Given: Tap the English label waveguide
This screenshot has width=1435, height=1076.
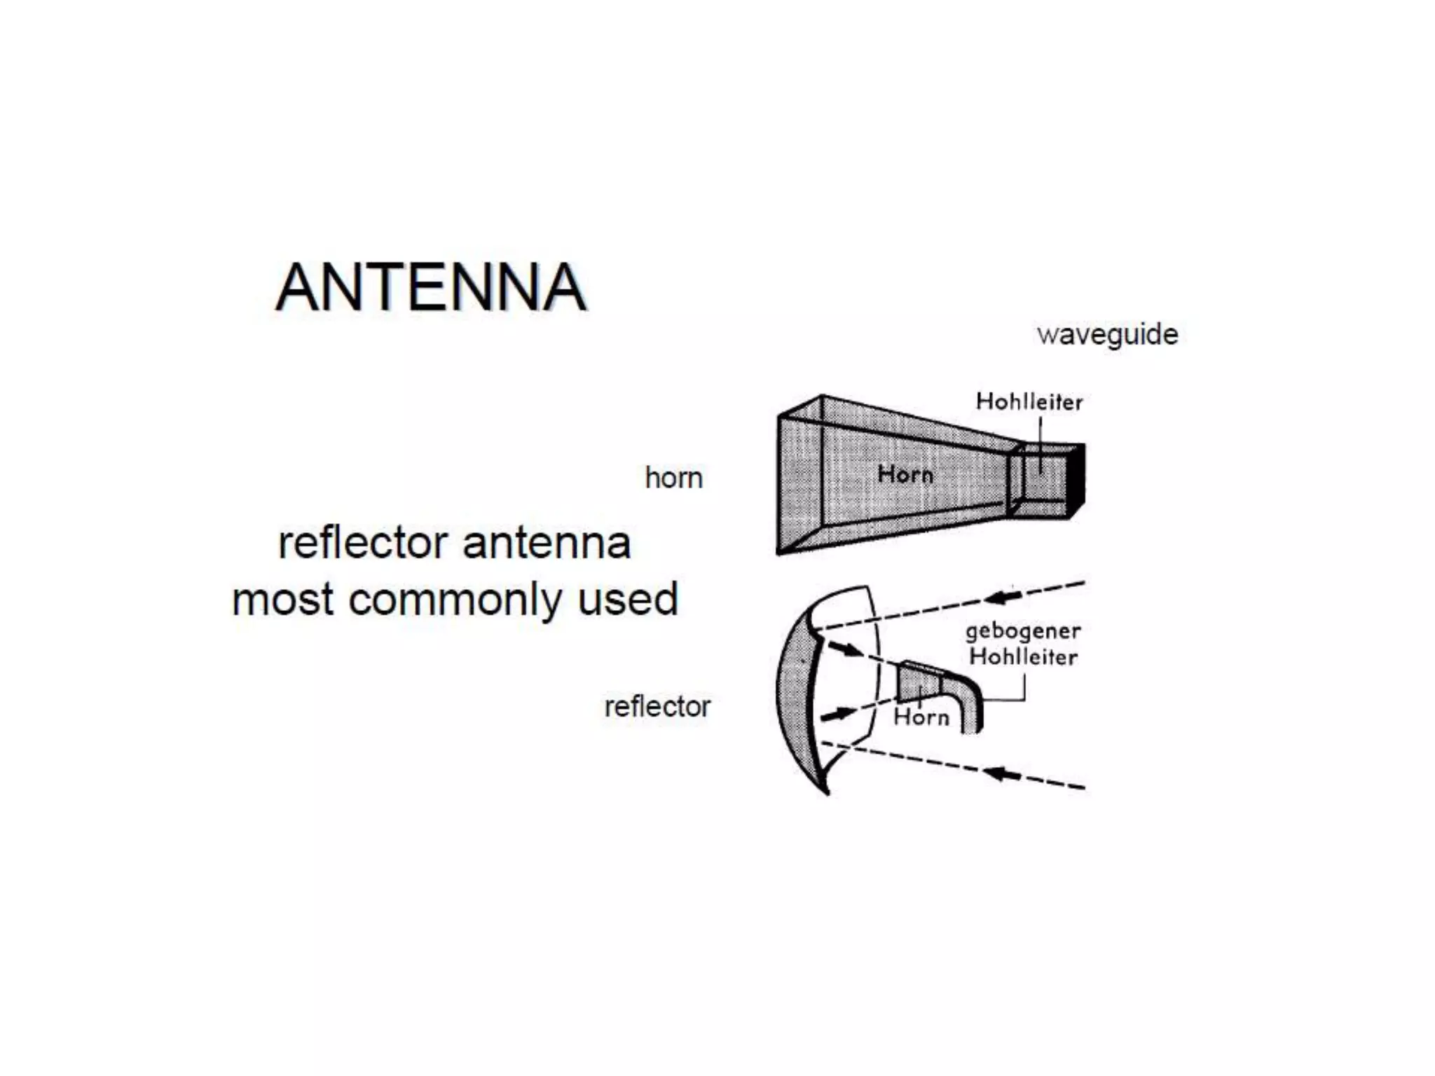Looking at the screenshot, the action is tap(1107, 335).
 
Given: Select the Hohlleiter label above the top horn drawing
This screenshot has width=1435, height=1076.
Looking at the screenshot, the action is tap(1029, 402).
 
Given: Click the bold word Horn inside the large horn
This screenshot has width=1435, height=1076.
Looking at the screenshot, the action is tap(905, 475).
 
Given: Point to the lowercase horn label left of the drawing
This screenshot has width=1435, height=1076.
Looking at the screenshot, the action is tap(673, 478).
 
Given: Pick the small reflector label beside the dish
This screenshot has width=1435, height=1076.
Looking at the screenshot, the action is tap(657, 707).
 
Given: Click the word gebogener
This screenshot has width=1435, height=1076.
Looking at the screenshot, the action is tap(1022, 631).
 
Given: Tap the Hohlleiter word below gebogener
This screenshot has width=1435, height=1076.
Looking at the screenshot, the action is tap(1022, 657).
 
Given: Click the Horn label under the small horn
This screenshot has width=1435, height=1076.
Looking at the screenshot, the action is tap(921, 717).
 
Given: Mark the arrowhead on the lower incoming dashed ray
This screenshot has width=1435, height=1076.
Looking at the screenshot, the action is tap(1002, 774).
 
